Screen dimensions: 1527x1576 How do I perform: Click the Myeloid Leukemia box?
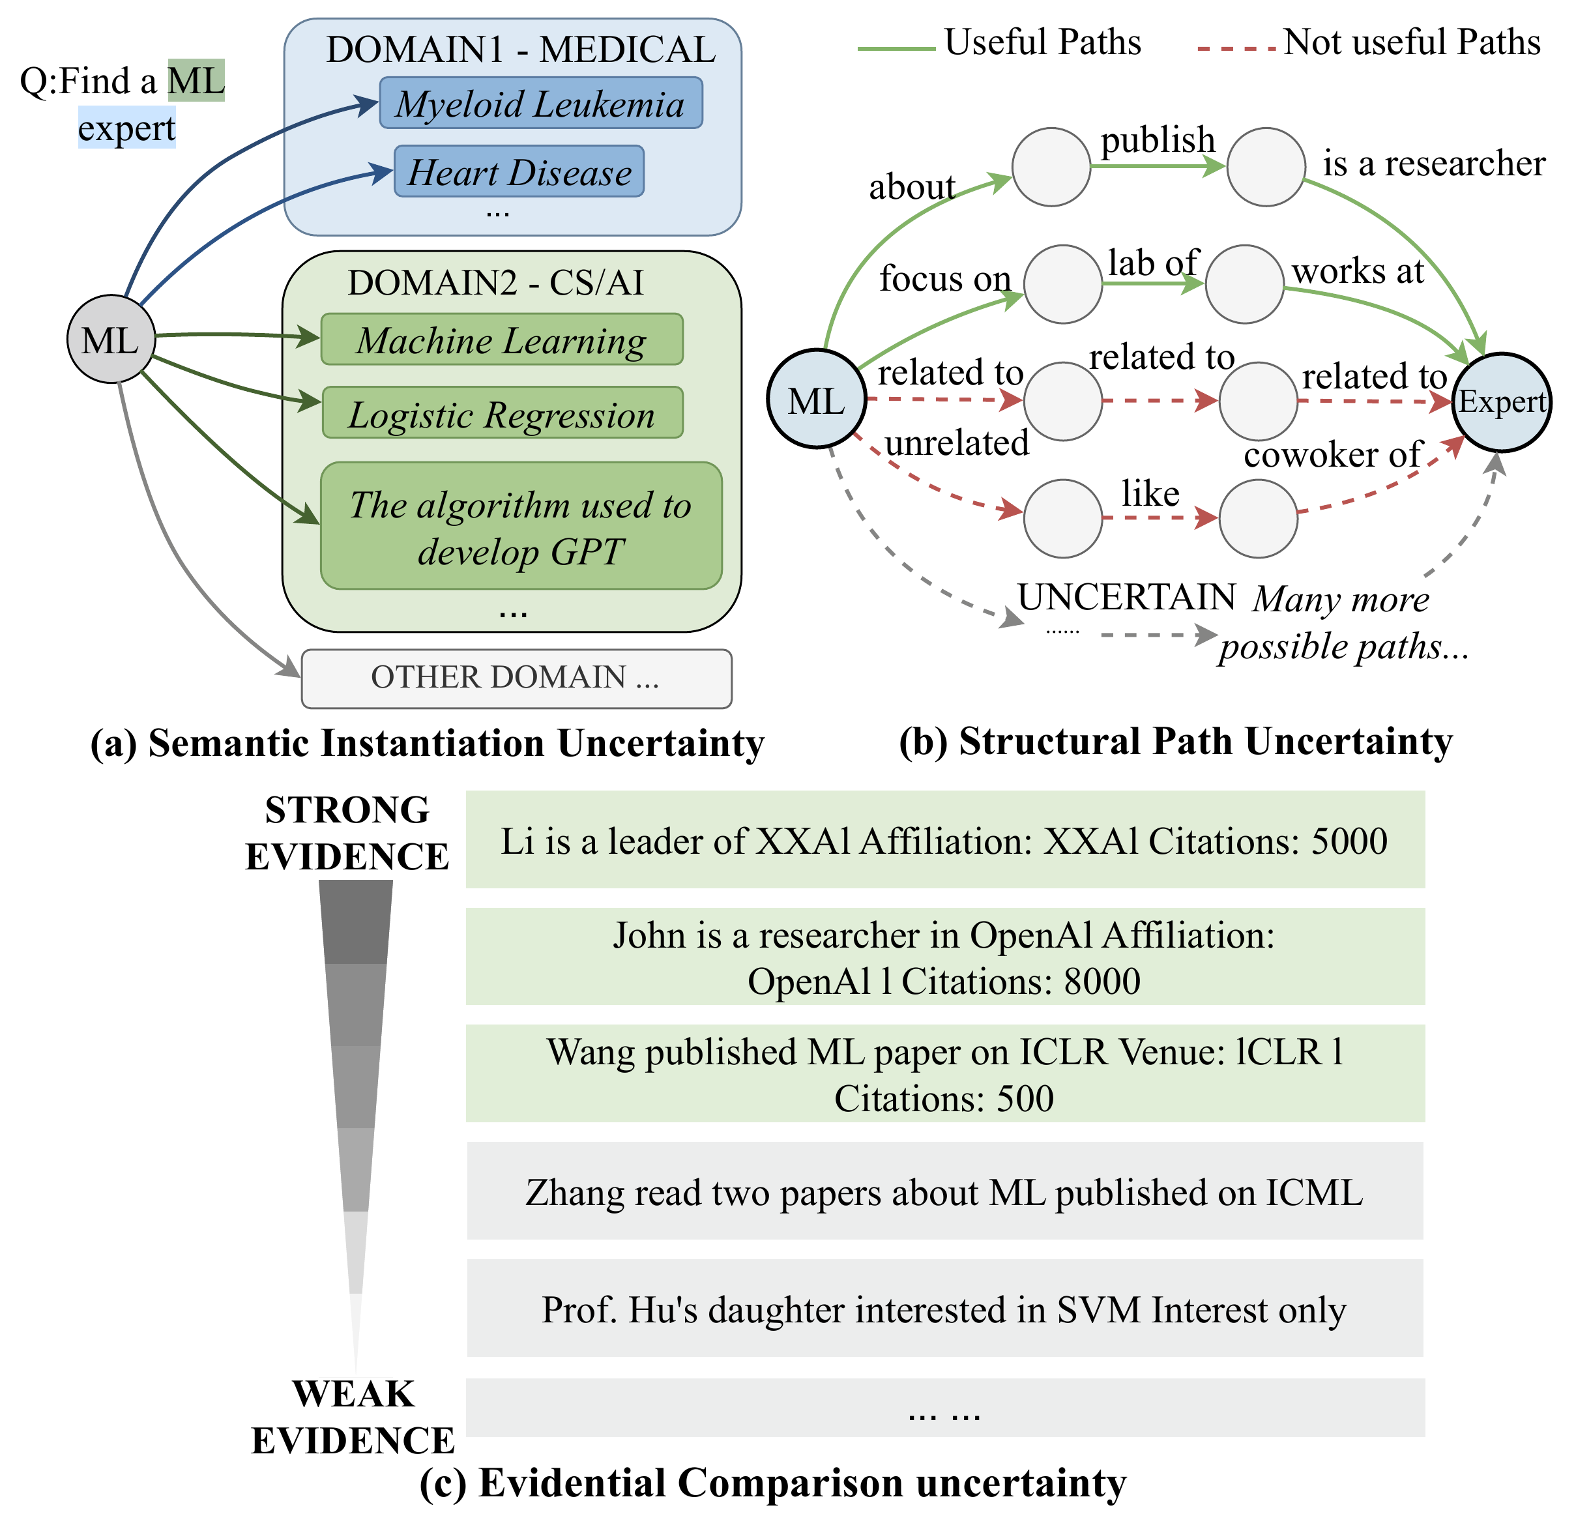(540, 103)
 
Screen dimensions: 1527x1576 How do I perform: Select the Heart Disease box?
(519, 171)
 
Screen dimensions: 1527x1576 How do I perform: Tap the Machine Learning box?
(502, 340)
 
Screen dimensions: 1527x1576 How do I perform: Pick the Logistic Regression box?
(503, 413)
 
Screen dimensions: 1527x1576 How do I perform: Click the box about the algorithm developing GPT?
(521, 527)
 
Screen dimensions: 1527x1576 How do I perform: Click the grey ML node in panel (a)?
(110, 340)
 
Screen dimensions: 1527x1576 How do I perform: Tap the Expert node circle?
(1501, 402)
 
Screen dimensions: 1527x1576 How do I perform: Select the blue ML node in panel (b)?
(816, 400)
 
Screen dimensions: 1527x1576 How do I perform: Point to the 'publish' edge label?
(1157, 140)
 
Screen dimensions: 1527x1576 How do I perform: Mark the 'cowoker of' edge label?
(1332, 455)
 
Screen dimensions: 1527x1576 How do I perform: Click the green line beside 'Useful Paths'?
(896, 49)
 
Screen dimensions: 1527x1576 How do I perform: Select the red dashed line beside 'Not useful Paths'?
(1236, 49)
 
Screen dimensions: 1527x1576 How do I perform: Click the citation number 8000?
(1102, 982)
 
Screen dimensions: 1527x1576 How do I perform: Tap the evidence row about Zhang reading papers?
(945, 1192)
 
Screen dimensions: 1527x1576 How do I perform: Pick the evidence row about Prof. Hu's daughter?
(945, 1309)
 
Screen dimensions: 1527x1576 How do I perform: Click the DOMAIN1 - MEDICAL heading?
(520, 50)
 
